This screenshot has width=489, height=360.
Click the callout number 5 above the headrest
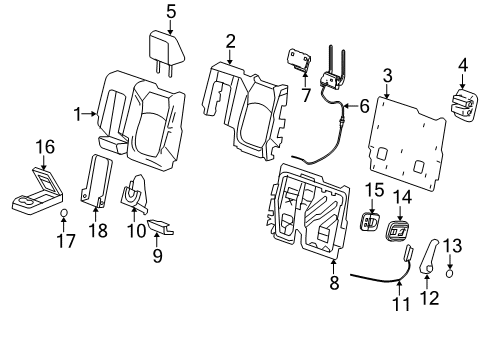click(171, 12)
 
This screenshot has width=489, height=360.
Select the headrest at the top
click(166, 53)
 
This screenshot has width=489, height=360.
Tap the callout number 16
click(45, 147)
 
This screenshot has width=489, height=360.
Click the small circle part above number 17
click(64, 212)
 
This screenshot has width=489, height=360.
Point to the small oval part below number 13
click(450, 273)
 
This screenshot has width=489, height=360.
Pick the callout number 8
click(334, 283)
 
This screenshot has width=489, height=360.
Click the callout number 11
click(401, 304)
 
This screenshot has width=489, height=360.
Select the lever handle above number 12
click(429, 257)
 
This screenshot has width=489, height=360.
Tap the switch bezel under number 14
click(398, 231)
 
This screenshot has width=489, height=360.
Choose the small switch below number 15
click(370, 221)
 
